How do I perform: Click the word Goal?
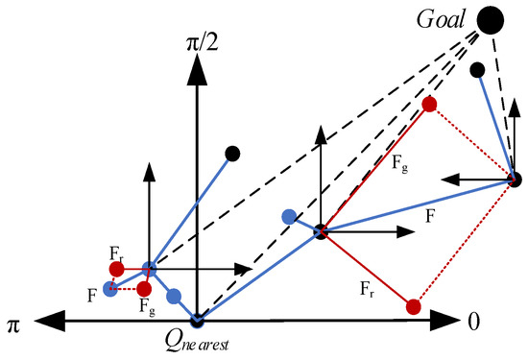pos(443,16)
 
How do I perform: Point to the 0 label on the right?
pos(472,322)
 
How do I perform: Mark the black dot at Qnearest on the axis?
pos(197,320)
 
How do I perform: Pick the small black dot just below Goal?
pos(477,69)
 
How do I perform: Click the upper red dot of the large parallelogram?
pos(429,104)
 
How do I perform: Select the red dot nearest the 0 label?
pos(413,306)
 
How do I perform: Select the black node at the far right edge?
pos(515,179)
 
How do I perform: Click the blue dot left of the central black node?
pos(288,216)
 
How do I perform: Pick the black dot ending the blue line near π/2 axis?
pos(231,153)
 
